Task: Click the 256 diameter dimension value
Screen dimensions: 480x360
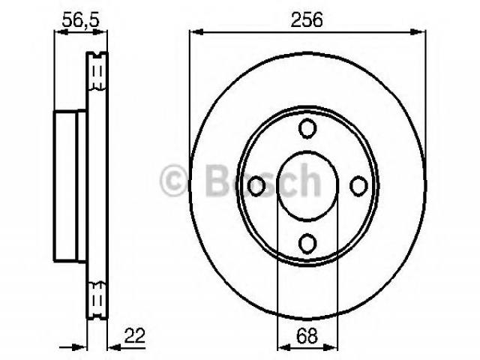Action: tap(307, 20)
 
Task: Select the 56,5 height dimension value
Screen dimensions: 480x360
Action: tap(81, 20)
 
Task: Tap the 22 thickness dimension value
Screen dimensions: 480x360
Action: tap(134, 336)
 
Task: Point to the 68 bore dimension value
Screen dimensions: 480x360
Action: tap(307, 336)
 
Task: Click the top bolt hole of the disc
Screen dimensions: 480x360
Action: tap(307, 128)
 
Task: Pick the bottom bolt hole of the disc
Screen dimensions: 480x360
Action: tap(307, 243)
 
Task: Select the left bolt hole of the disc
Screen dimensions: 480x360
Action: tap(256, 186)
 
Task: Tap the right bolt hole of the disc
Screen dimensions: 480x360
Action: tap(358, 186)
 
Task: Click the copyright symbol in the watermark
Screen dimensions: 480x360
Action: tap(173, 181)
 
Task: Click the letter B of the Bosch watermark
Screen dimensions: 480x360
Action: tap(217, 180)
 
